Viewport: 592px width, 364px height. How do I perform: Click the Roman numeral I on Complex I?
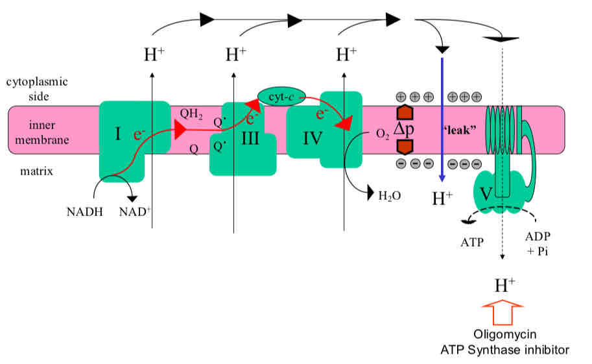tap(118, 134)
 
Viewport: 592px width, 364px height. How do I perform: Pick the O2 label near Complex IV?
tap(383, 134)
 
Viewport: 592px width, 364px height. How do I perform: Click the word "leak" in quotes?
tap(460, 130)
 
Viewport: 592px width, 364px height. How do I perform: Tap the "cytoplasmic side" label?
tap(37, 89)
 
